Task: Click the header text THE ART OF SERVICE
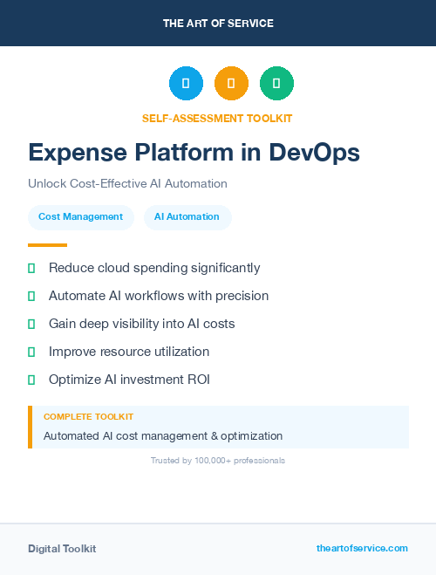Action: coord(218,24)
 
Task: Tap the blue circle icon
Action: coord(186,84)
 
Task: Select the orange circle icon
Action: coord(231,84)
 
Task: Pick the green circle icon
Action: coord(276,84)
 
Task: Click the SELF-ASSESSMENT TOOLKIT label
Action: coord(217,118)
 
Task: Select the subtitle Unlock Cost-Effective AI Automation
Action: coord(127,184)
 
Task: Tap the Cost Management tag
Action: coord(80,217)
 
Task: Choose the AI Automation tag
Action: coord(187,217)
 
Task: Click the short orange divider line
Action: coord(47,245)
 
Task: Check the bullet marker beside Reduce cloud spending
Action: coord(31,269)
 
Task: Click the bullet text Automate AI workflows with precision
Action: coord(159,296)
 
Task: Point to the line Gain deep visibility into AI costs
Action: coord(141,324)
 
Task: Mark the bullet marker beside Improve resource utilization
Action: coord(31,352)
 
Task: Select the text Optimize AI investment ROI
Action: coord(129,380)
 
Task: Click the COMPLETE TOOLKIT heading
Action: coord(88,417)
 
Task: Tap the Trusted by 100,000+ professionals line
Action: coord(218,461)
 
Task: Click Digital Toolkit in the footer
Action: coord(62,549)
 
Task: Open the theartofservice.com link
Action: coord(362,548)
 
